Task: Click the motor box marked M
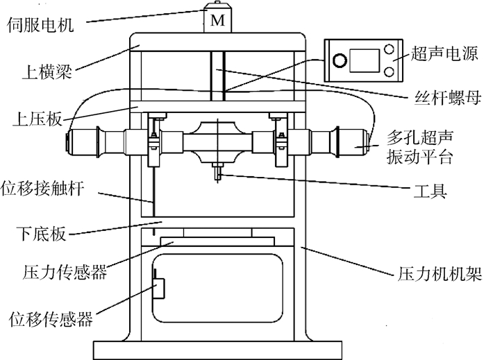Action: point(217,20)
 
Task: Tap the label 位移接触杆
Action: point(46,189)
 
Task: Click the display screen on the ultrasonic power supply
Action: point(362,60)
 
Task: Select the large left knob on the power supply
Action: point(339,60)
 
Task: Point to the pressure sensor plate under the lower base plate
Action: point(217,241)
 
